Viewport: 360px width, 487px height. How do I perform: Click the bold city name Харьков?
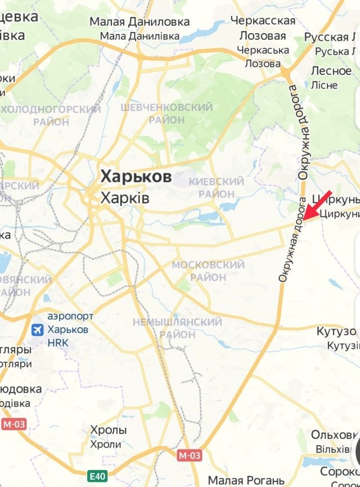click(136, 177)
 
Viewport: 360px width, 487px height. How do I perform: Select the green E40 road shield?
click(96, 476)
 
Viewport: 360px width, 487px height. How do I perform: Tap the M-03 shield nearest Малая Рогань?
click(190, 454)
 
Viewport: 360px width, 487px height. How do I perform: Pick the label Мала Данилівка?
click(139, 36)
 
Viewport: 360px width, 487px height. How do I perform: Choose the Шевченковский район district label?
click(166, 113)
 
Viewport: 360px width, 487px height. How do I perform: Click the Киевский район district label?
click(217, 187)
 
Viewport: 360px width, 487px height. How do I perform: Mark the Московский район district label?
click(208, 270)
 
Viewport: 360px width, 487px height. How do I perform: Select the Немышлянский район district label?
click(177, 328)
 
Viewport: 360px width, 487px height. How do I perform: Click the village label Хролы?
click(109, 430)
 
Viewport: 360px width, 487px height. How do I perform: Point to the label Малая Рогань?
click(246, 480)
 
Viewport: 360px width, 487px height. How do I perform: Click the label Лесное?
click(331, 71)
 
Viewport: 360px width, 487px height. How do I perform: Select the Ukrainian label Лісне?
click(324, 85)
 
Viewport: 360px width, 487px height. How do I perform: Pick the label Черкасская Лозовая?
click(263, 28)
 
